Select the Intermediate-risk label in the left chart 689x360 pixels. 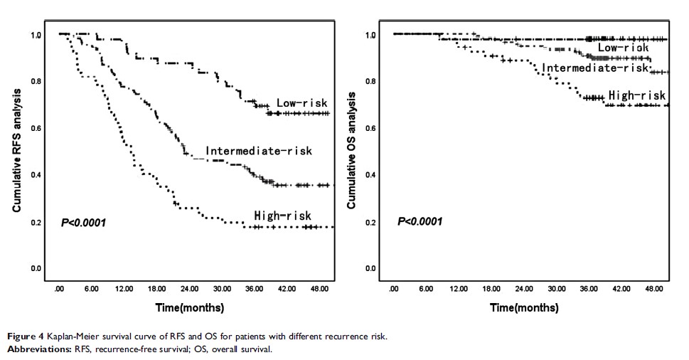259,151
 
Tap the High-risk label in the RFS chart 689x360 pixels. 282,216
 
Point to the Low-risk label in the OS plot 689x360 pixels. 622,48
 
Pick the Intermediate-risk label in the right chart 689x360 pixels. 596,68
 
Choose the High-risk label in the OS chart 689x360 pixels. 637,95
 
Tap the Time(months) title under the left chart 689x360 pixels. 191,308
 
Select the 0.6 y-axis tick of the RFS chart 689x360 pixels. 36,128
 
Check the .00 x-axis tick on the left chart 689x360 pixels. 60,290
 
